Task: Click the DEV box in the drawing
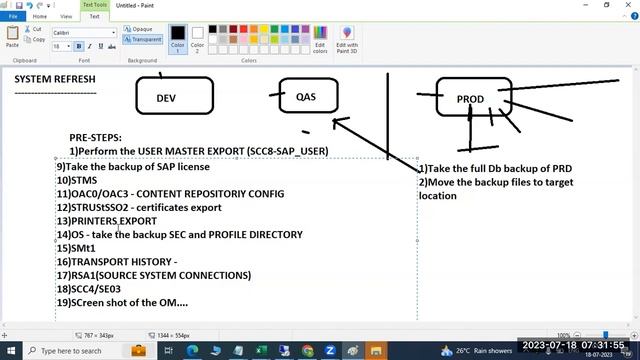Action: (166, 98)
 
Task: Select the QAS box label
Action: (306, 97)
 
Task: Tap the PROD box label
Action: (470, 99)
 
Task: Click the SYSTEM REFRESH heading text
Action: (55, 79)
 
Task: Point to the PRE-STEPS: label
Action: (96, 137)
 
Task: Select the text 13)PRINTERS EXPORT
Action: (107, 221)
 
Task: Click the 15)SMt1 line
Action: (76, 248)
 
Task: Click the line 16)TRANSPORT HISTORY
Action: (117, 261)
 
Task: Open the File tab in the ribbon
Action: (13, 16)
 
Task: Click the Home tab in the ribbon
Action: (40, 16)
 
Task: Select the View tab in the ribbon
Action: (66, 16)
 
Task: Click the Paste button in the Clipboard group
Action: (12, 38)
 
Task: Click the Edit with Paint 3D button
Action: (347, 39)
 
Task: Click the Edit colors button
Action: (320, 39)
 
